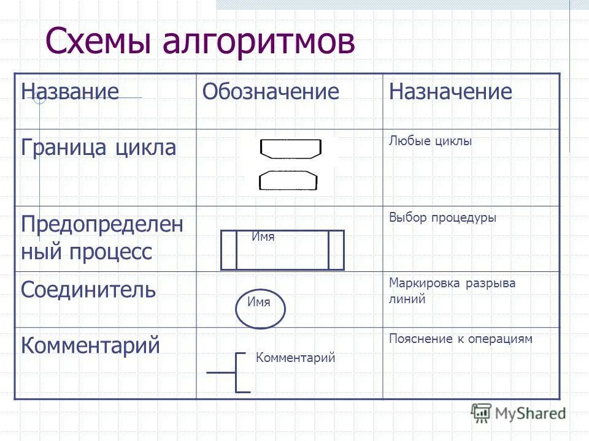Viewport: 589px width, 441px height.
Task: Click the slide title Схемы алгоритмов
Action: [200, 42]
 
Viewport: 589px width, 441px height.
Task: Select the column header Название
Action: [69, 92]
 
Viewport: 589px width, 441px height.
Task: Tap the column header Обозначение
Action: [271, 92]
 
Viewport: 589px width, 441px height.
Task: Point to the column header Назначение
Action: [450, 92]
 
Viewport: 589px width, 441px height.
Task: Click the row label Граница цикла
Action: [99, 147]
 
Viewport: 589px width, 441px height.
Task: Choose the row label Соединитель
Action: [88, 289]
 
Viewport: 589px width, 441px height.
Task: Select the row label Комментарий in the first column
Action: [90, 345]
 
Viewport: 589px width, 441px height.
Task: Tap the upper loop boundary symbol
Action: [290, 148]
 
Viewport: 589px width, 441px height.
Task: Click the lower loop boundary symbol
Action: [288, 181]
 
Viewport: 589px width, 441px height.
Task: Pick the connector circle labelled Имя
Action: [261, 309]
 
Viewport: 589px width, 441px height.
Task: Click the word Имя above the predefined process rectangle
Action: [263, 236]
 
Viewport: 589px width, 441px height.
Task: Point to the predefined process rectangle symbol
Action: [282, 251]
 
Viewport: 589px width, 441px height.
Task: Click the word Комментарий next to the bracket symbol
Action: [295, 358]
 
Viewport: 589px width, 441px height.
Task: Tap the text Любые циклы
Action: [430, 141]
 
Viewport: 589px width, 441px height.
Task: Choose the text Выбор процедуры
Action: [442, 217]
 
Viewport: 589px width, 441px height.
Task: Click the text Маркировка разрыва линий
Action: [452, 291]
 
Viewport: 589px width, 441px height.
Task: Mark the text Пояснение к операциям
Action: [460, 339]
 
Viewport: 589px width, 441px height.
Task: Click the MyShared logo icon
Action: [482, 412]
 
